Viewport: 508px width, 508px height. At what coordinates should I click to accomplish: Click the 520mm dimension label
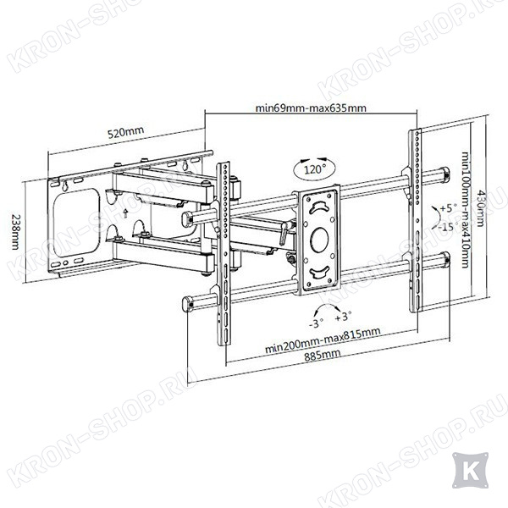coord(125,132)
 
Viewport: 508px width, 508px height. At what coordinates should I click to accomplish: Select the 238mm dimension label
coord(15,231)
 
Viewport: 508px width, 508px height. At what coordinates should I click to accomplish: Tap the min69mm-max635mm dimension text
coord(311,108)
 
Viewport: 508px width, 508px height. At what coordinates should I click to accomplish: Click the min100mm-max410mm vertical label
coord(465,210)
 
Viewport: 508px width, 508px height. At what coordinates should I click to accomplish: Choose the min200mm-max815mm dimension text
coord(323,340)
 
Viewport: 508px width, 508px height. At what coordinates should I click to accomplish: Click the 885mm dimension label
coord(323,355)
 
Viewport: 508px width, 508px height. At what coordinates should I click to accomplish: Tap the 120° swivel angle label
coord(315,169)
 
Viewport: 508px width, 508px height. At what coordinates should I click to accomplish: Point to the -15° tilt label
coord(448,226)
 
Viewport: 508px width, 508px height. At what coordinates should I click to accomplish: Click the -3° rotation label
coord(316,323)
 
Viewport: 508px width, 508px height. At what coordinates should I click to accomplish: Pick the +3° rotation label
coord(343,316)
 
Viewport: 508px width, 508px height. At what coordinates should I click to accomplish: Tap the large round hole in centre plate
coord(319,240)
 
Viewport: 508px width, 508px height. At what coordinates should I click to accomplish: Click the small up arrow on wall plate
coord(126,213)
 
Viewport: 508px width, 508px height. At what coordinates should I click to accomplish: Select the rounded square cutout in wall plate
coord(76,223)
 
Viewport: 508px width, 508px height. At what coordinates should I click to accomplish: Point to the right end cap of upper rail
coord(444,173)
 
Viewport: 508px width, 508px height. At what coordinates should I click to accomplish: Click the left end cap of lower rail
coord(187,304)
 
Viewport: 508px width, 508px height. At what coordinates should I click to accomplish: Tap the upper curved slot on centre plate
coord(319,207)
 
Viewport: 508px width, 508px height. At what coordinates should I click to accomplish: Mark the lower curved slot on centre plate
coord(319,272)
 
